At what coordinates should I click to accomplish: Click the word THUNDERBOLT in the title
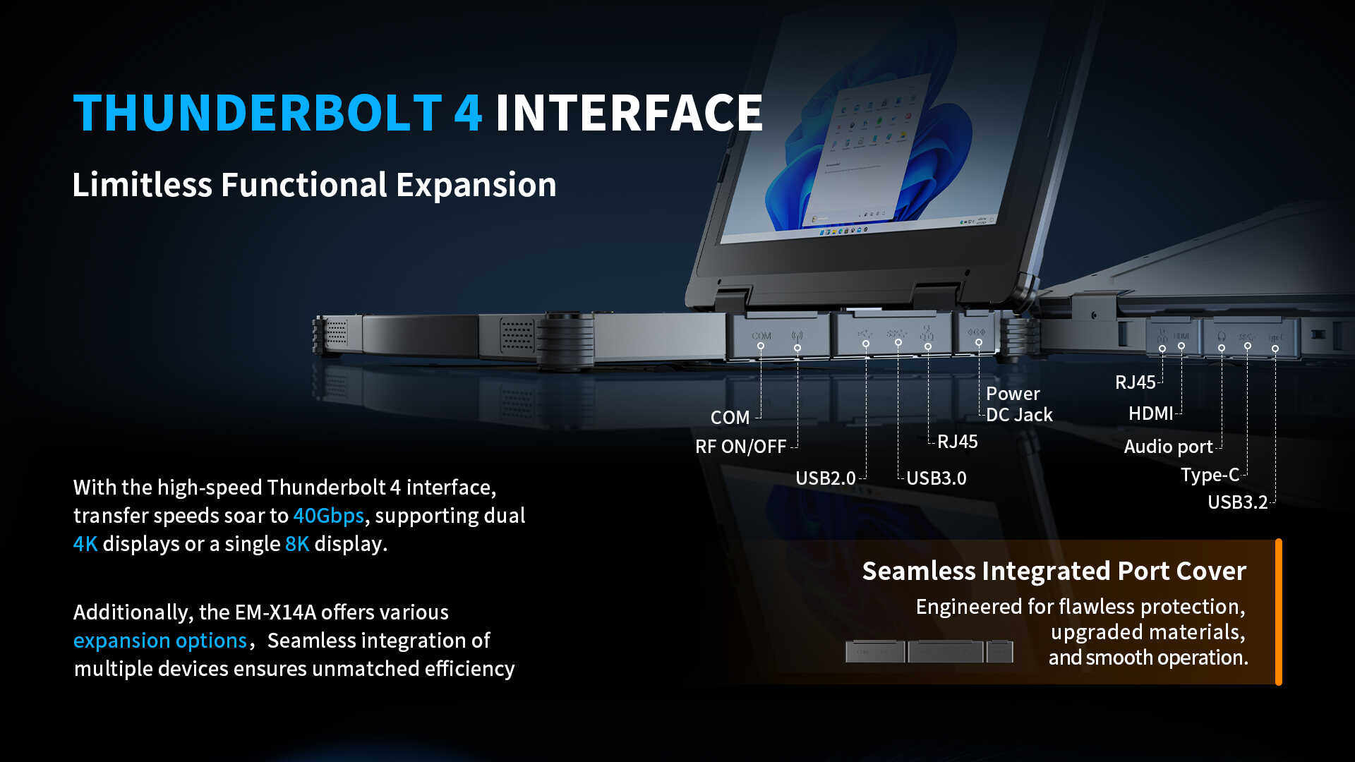(258, 113)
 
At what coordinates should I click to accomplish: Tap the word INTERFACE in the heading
(629, 113)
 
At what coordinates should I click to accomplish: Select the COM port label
(730, 418)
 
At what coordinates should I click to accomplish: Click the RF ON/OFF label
(740, 447)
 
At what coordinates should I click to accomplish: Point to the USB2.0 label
(825, 478)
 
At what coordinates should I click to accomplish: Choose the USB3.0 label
(936, 478)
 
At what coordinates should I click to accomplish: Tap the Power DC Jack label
(1018, 404)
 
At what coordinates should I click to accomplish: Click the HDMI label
(1150, 413)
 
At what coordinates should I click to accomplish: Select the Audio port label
(1168, 447)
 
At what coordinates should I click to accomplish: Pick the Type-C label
(1210, 475)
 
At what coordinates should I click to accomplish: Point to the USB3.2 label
(1237, 502)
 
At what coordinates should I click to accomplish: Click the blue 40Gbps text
(328, 516)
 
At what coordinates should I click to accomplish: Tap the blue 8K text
(297, 544)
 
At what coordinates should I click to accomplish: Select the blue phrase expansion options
(160, 641)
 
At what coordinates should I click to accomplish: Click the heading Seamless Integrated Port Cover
(1054, 571)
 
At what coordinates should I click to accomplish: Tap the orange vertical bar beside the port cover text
(1278, 612)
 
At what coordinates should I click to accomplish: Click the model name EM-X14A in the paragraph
(275, 612)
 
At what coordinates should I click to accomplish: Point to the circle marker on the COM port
(761, 346)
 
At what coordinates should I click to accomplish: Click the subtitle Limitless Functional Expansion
(314, 185)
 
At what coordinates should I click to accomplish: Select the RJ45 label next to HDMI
(1135, 382)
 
